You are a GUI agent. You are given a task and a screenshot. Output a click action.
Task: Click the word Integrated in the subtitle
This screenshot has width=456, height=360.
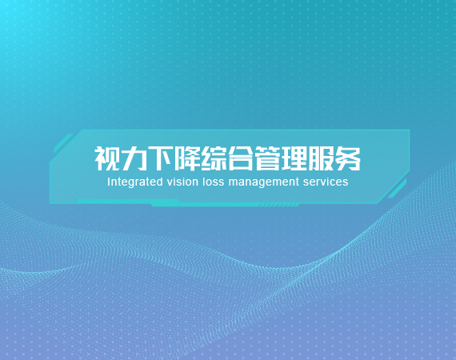pyautogui.click(x=135, y=182)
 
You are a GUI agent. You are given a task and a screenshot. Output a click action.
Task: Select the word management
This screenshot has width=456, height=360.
pyautogui.click(x=264, y=182)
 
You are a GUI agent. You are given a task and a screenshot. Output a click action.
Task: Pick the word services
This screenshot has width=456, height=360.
pyautogui.click(x=326, y=182)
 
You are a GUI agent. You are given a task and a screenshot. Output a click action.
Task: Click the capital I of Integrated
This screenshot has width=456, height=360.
pyautogui.click(x=109, y=182)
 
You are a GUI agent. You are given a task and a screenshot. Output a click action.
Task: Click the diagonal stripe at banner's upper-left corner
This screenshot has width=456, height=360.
pyautogui.click(x=63, y=143)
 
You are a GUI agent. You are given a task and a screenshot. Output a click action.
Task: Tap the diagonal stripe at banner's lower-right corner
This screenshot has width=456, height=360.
pyautogui.click(x=397, y=189)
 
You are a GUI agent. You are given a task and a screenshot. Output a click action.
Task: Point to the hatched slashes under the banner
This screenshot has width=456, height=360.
pyautogui.click(x=278, y=206)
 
